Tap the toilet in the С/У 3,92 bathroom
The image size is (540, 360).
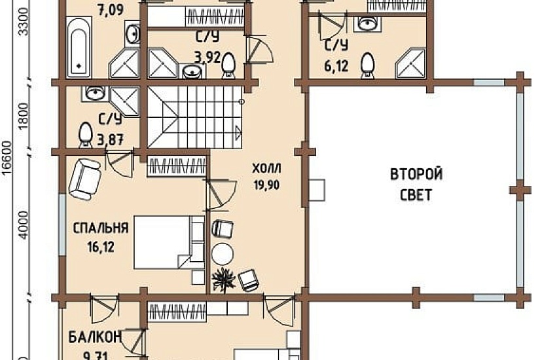click(x=229, y=63)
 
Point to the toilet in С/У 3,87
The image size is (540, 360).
click(x=86, y=134)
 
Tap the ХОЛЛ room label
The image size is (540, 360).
click(x=265, y=170)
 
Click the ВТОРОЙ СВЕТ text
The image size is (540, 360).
click(x=416, y=185)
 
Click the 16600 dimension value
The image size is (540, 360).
click(x=7, y=156)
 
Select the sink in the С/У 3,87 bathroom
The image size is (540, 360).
click(x=94, y=93)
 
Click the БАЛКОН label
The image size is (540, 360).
click(x=95, y=338)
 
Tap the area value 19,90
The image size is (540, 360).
click(x=265, y=185)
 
